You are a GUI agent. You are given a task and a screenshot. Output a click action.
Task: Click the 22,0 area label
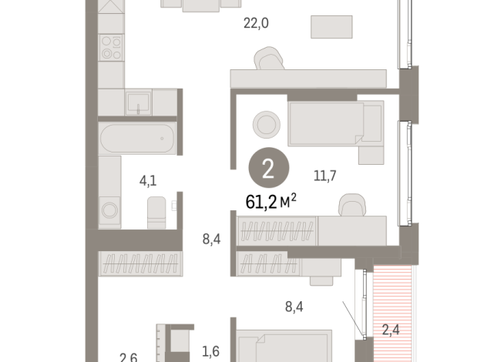tap(256, 23)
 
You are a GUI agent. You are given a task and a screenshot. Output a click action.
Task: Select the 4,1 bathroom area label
tap(148, 182)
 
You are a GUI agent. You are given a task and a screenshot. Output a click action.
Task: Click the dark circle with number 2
tap(267, 169)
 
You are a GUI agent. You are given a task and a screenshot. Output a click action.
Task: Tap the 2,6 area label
tap(128, 356)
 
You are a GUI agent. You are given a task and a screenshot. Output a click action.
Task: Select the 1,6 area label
tap(210, 351)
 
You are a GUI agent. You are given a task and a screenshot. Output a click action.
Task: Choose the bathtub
tap(137, 139)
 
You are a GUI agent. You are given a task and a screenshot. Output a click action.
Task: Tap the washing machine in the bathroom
tap(110, 209)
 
